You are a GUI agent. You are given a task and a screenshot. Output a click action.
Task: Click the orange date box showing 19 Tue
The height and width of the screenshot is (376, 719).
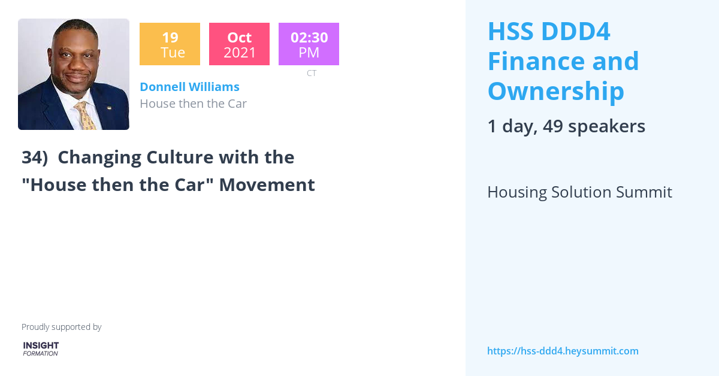click(x=170, y=44)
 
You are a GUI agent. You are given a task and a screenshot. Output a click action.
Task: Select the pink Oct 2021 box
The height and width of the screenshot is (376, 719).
click(x=239, y=44)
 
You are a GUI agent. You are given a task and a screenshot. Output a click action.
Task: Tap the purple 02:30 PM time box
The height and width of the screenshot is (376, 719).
click(x=309, y=44)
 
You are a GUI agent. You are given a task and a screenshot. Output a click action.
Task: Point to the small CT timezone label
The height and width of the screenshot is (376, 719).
click(x=311, y=73)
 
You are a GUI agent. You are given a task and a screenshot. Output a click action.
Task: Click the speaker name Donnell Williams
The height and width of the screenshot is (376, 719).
click(x=189, y=87)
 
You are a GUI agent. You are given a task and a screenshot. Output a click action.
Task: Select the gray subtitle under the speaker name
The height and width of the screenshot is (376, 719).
click(x=193, y=104)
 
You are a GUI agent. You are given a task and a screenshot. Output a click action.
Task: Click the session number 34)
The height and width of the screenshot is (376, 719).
click(x=35, y=157)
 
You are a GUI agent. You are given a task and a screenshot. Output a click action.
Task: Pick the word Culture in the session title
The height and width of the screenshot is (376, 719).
click(x=134, y=157)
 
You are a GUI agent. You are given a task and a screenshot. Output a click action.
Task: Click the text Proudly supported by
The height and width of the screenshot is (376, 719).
click(x=61, y=327)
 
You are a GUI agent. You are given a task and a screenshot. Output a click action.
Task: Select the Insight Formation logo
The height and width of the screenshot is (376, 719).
click(x=41, y=349)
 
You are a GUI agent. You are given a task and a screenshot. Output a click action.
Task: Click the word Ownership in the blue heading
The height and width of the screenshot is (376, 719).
click(x=555, y=91)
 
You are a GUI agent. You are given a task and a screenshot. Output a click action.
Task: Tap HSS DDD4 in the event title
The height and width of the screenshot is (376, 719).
click(x=549, y=31)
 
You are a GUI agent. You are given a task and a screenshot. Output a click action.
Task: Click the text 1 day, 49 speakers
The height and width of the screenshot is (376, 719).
click(x=566, y=126)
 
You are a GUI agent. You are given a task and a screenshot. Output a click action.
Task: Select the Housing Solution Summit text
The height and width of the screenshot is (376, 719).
click(x=579, y=192)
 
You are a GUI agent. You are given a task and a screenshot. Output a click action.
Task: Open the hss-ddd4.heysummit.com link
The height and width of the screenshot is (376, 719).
click(x=563, y=351)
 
